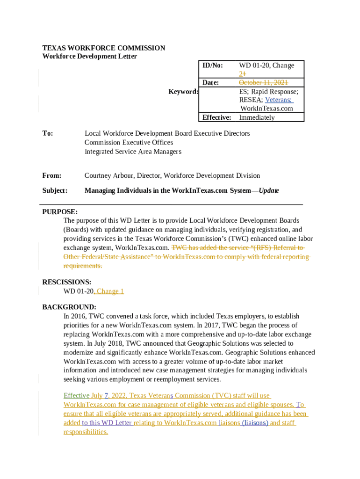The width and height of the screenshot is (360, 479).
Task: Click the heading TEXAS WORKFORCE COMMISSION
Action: [x=103, y=48]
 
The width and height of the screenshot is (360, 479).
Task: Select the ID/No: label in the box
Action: [x=212, y=65]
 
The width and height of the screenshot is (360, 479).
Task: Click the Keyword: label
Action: [x=183, y=92]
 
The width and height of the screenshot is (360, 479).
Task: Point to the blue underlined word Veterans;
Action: [x=279, y=100]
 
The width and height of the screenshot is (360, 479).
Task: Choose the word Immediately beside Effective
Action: [x=257, y=117]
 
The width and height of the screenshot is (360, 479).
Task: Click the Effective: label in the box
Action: [x=216, y=117]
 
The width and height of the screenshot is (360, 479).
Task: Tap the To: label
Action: [x=48, y=133]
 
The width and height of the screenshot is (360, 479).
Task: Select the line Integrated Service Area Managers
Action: [x=133, y=152]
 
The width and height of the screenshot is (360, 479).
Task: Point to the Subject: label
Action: [x=55, y=190]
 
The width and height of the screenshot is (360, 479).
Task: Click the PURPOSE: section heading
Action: [x=60, y=212]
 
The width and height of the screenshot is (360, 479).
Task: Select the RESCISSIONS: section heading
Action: [x=66, y=282]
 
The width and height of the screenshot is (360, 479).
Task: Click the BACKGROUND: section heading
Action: [x=69, y=307]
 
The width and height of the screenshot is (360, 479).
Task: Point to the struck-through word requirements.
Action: [x=82, y=266]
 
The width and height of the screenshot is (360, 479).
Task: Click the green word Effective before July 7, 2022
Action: [x=76, y=396]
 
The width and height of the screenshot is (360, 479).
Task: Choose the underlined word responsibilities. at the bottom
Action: [x=86, y=432]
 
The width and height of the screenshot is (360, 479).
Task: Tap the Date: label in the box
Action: [x=210, y=83]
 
